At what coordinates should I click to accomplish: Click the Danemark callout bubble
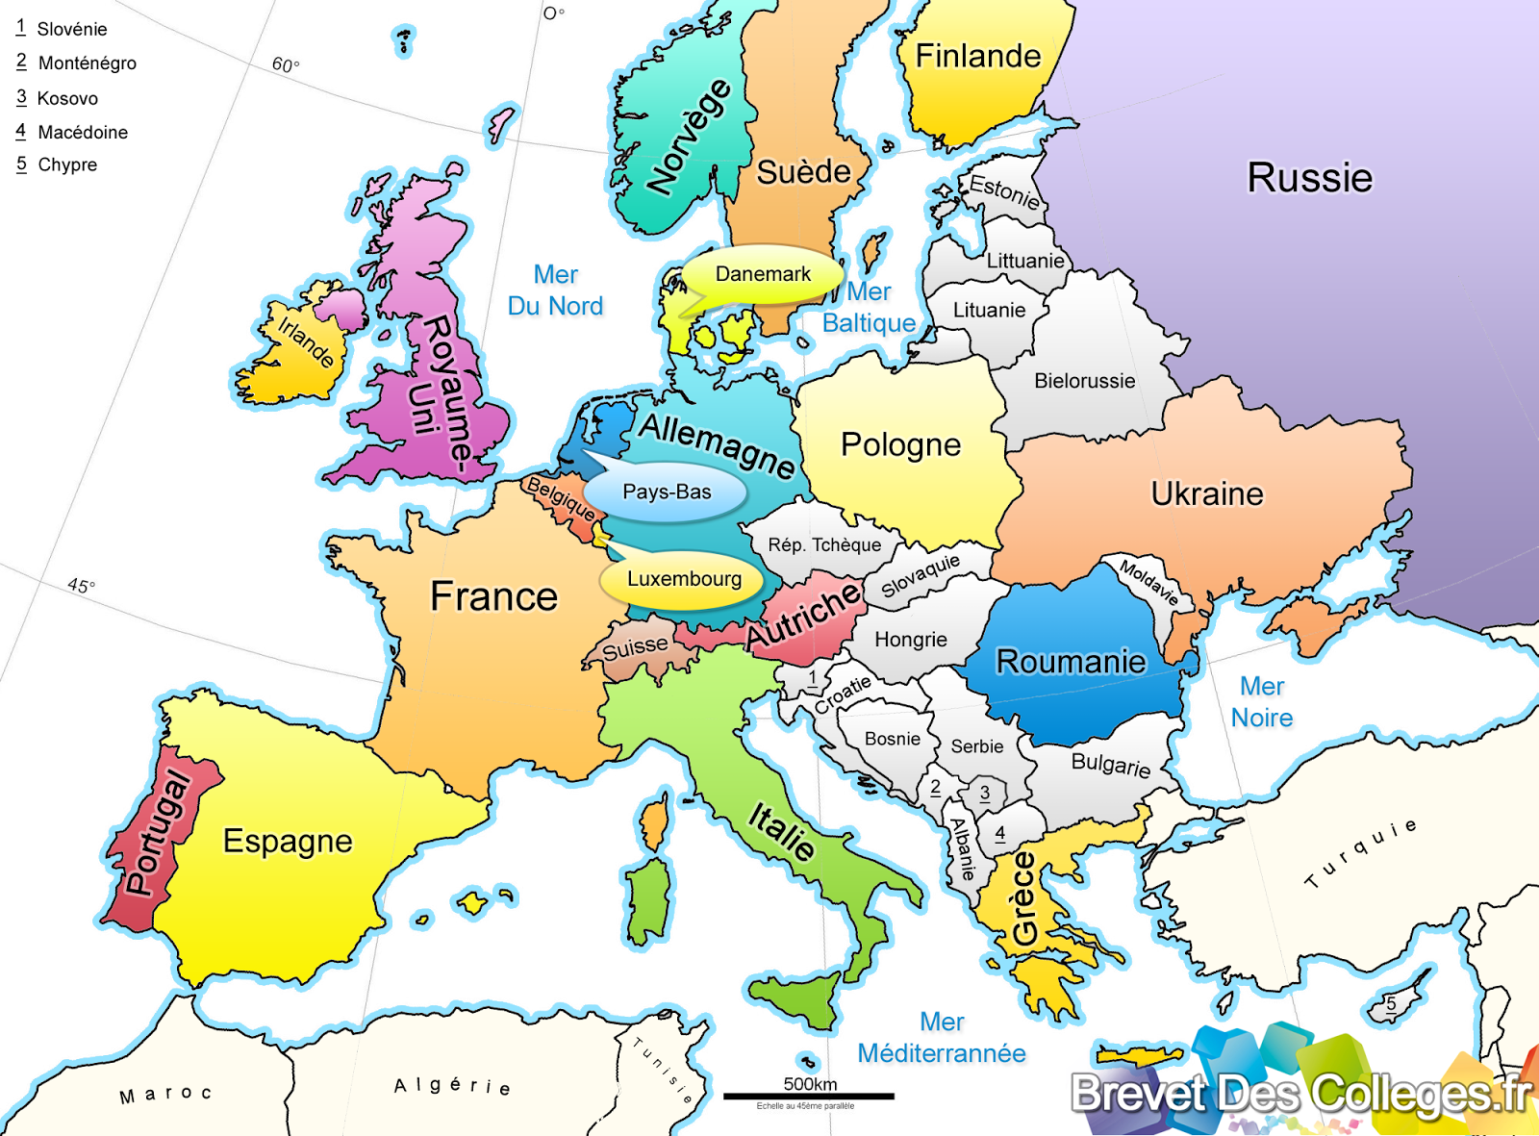pos(763,275)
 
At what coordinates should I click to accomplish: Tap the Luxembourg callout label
pos(684,579)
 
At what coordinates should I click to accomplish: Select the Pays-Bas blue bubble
pos(667,492)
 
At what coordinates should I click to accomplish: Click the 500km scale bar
pos(809,1095)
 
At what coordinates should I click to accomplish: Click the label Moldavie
pos(1148,582)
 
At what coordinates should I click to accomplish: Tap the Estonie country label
pos(1004,191)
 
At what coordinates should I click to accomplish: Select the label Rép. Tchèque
pos(824,545)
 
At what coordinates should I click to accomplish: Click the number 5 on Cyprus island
pos(1391,1004)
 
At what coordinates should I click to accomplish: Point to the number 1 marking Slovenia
pos(814,677)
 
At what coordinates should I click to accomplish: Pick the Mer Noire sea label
pos(1262,702)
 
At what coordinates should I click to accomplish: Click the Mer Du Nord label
pos(555,290)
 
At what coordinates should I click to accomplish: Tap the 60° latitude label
pos(286,64)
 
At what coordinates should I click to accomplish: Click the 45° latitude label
pos(81,586)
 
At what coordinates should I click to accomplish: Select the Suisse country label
pos(635,648)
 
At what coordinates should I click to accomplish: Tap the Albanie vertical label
pos(963,849)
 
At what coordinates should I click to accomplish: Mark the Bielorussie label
pos(1084,381)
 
